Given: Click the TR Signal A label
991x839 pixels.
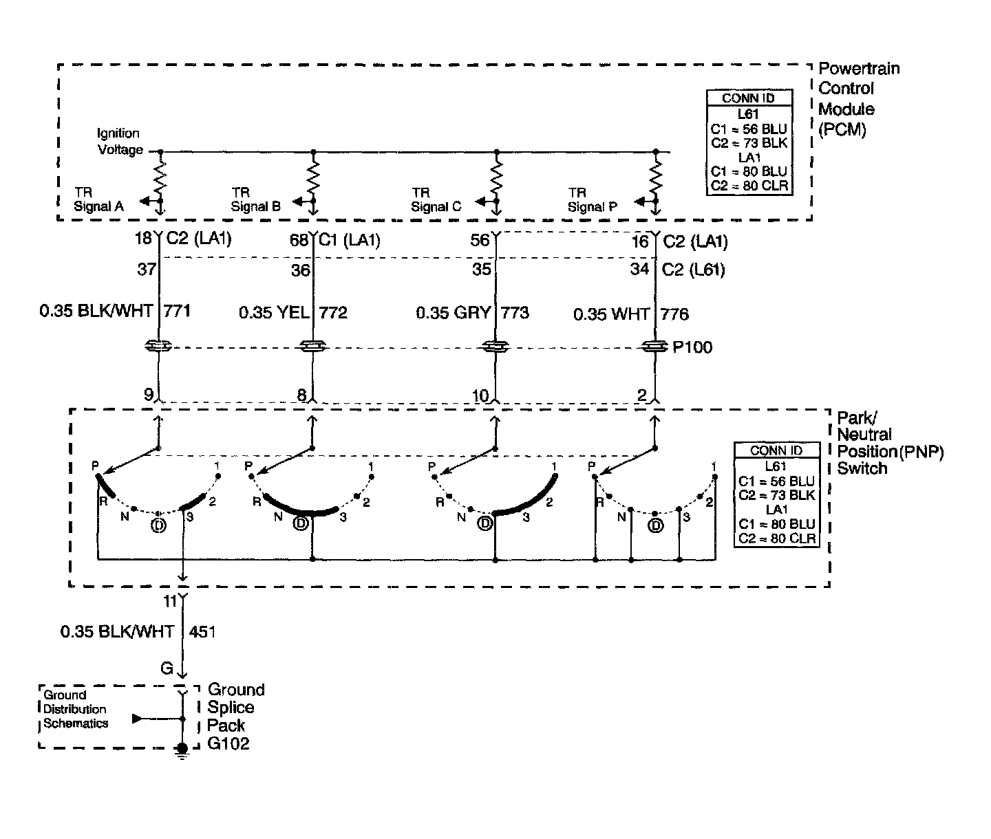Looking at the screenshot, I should tap(98, 199).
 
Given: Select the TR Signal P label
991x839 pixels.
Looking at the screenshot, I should tap(592, 199).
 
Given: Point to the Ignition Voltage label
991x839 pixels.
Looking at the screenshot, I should tap(119, 142).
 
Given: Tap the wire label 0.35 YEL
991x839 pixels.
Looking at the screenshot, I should tap(273, 313).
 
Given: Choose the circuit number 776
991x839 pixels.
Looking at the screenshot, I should tap(674, 314).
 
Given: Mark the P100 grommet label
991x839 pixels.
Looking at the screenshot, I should tap(692, 347).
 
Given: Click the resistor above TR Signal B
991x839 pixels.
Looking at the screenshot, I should tap(314, 177).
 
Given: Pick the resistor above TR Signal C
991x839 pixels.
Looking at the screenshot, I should tap(497, 177).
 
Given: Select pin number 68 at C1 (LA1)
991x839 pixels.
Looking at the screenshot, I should tap(300, 241).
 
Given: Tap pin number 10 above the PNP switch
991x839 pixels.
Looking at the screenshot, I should tap(480, 395).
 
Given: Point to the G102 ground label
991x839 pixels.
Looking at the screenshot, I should tap(228, 743).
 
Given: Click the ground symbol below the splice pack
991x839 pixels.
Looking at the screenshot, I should tap(182, 751).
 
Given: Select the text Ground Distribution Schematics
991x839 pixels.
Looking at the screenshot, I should tap(76, 709).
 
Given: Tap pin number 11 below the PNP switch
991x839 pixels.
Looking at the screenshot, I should tap(170, 601).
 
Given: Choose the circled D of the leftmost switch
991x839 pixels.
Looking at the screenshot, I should tap(158, 526).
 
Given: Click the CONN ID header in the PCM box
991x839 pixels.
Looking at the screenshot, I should tap(748, 98).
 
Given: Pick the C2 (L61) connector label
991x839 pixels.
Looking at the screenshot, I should tap(693, 270).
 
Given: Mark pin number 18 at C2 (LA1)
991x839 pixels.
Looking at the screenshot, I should tap(143, 239).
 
